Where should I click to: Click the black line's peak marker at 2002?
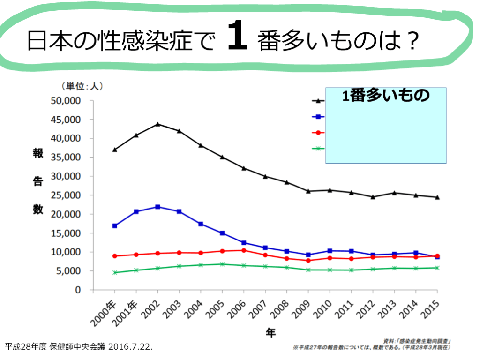[x=157, y=124]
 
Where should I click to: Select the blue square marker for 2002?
[x=157, y=207]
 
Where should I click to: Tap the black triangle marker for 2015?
[x=437, y=197]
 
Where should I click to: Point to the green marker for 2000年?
[x=114, y=272]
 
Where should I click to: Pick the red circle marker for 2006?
[x=243, y=250]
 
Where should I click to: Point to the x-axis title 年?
[x=271, y=333]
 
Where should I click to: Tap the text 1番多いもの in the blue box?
[x=386, y=96]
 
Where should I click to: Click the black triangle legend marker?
[x=318, y=101]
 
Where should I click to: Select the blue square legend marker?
[x=318, y=117]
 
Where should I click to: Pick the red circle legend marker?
[x=318, y=133]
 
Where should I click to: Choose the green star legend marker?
[x=318, y=149]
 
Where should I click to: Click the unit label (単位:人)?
[x=81, y=86]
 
